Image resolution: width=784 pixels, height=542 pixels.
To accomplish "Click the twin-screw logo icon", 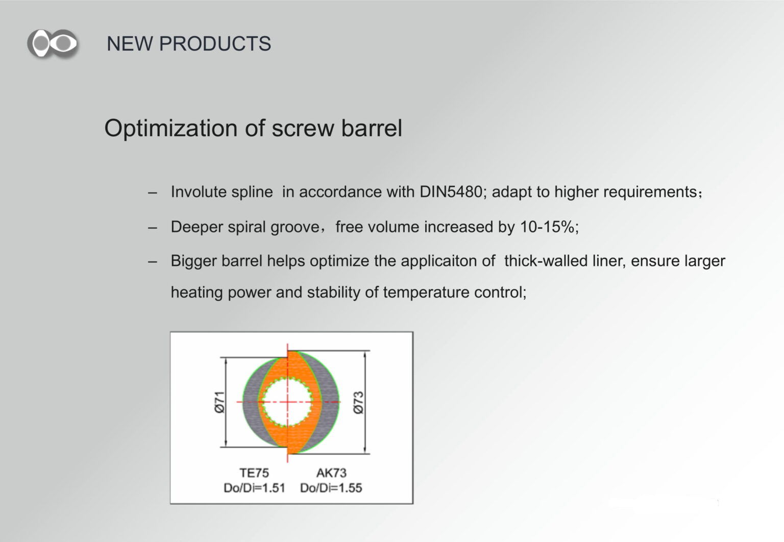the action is click(x=53, y=44).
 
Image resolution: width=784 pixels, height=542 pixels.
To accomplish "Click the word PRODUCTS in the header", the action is click(x=215, y=44).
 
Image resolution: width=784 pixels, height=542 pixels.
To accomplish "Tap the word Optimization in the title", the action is click(x=171, y=129).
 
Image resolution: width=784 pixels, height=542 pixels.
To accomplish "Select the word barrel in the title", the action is click(x=372, y=128).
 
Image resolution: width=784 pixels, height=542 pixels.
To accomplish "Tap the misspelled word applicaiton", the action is click(x=448, y=261).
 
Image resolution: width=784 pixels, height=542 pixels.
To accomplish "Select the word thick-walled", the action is click(x=546, y=261).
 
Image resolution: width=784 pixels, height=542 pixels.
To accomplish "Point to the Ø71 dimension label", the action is click(x=219, y=402).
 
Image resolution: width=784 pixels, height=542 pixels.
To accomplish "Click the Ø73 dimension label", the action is click(x=358, y=402).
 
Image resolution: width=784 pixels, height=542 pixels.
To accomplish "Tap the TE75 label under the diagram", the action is click(x=254, y=473).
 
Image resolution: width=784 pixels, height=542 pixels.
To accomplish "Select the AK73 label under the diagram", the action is click(x=331, y=473).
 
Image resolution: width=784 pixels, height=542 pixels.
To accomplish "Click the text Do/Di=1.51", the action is click(x=255, y=488).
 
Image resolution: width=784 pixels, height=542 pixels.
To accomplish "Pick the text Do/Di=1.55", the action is click(x=331, y=488).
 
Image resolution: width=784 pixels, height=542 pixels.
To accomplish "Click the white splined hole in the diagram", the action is click(x=287, y=402).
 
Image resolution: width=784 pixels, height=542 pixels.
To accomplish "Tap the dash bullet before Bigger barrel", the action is click(x=152, y=262).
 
